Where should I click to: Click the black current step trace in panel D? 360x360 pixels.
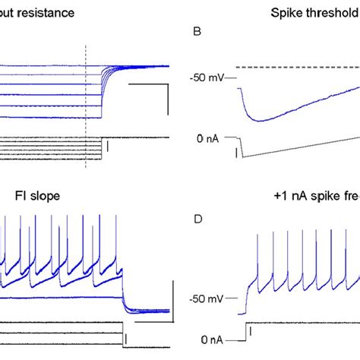coord(304,322)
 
